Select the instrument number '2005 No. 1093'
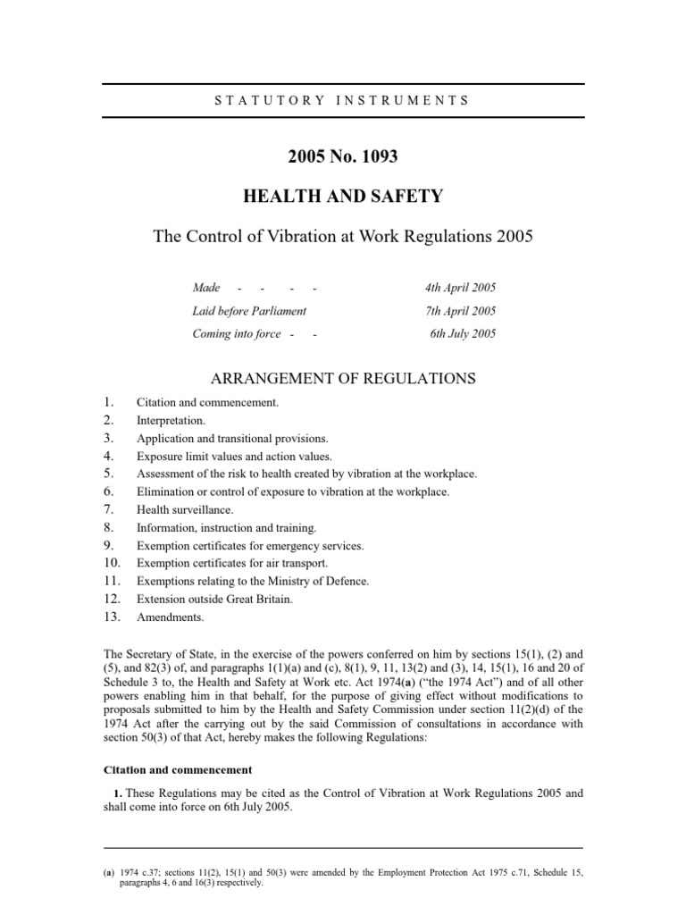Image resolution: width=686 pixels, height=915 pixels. [342, 157]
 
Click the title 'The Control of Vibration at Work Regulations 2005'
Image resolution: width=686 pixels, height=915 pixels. [342, 238]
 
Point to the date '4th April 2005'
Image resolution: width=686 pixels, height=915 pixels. [460, 288]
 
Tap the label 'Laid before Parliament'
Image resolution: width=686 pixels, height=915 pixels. [249, 311]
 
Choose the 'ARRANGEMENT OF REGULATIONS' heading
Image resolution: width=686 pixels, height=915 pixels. [342, 379]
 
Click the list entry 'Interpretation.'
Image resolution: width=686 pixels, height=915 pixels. [171, 420]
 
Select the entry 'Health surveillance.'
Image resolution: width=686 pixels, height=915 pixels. [184, 509]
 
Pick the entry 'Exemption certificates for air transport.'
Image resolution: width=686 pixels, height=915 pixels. [232, 563]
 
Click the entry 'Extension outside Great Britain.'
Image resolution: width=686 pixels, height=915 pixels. [214, 599]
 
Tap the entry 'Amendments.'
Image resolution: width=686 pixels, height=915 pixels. [170, 617]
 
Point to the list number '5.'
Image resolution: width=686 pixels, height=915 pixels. [108, 474]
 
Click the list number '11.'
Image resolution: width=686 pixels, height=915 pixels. [111, 581]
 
